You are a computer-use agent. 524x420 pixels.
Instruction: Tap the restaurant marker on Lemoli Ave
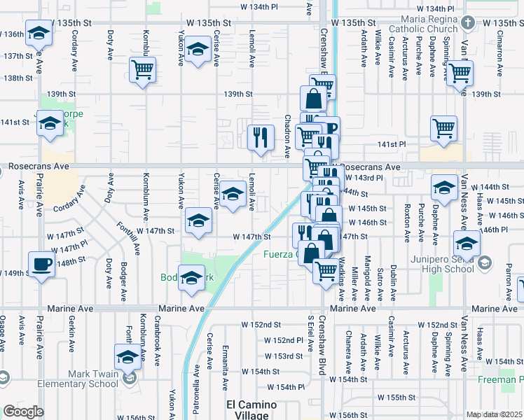261,136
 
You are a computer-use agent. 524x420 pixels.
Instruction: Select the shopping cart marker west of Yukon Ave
143,70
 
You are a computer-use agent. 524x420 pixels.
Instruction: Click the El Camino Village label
251,410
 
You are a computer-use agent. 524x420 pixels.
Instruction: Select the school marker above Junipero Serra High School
465,244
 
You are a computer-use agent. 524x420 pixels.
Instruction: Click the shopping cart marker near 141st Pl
444,128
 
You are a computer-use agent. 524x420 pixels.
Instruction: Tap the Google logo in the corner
23,412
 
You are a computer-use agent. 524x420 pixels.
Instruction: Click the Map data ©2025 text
495,414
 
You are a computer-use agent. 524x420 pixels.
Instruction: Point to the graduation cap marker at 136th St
39,31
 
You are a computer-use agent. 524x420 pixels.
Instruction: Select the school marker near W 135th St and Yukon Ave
198,49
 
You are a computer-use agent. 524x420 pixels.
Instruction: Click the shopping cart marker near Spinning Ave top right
460,71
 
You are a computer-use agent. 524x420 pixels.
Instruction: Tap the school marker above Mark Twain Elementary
127,357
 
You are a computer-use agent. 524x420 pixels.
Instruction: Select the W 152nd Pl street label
282,340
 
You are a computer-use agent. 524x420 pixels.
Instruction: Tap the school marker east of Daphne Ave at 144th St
444,187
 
